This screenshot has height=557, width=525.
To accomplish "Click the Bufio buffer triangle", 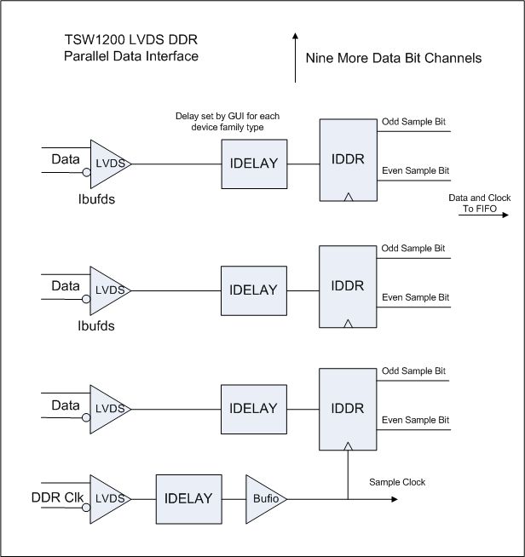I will tap(263, 498).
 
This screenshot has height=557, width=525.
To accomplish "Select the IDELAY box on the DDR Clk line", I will tap(189, 498).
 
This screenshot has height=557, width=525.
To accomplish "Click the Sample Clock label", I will tap(397, 482).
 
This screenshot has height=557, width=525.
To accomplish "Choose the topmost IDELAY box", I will tap(254, 163).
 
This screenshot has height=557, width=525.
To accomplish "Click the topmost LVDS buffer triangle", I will tap(107, 163).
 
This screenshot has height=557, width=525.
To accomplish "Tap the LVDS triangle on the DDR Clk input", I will tap(107, 498).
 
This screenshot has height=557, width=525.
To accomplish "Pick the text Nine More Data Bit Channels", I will tap(394, 59).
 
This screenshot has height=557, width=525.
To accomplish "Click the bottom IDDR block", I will tap(349, 408).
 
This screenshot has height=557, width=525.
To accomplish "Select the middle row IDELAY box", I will tap(254, 290).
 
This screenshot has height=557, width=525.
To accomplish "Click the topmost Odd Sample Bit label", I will tap(413, 123).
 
